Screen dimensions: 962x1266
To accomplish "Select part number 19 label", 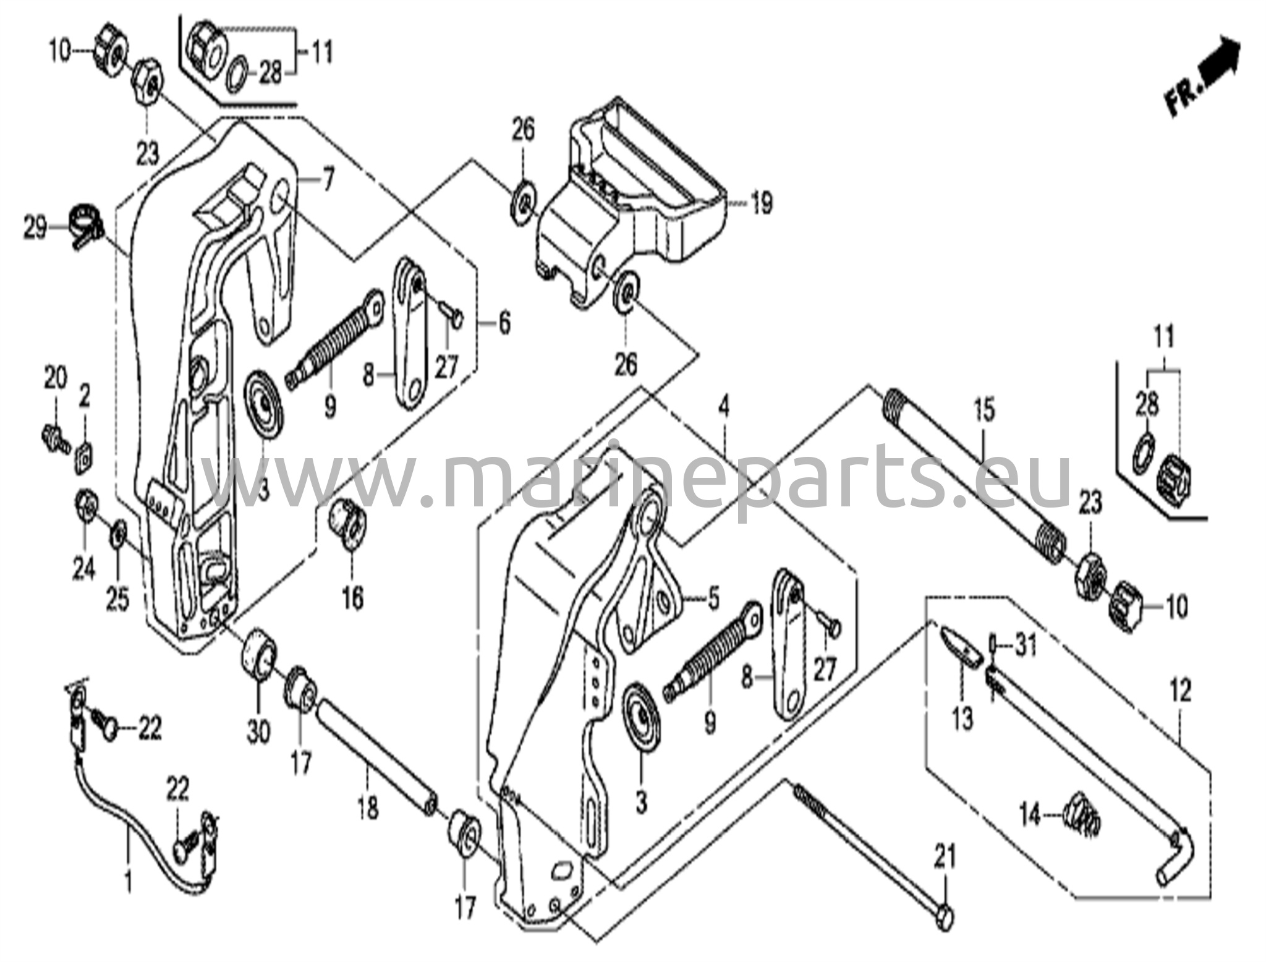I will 762,202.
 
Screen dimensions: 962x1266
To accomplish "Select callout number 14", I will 1029,817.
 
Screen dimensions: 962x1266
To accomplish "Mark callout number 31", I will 1026,647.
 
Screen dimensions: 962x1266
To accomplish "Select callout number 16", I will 352,598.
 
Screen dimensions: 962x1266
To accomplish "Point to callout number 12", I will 1180,691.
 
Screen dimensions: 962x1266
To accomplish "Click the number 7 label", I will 327,181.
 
